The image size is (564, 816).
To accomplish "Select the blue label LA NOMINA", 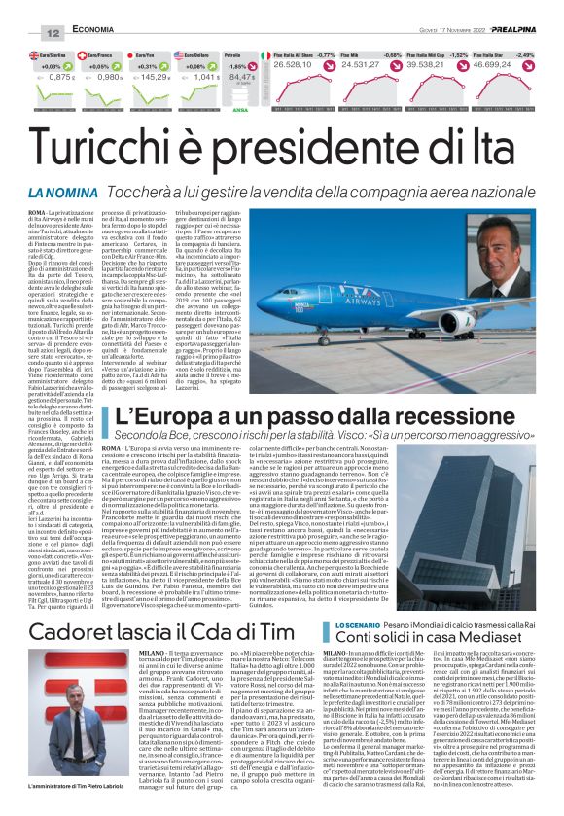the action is tap(59, 194).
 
